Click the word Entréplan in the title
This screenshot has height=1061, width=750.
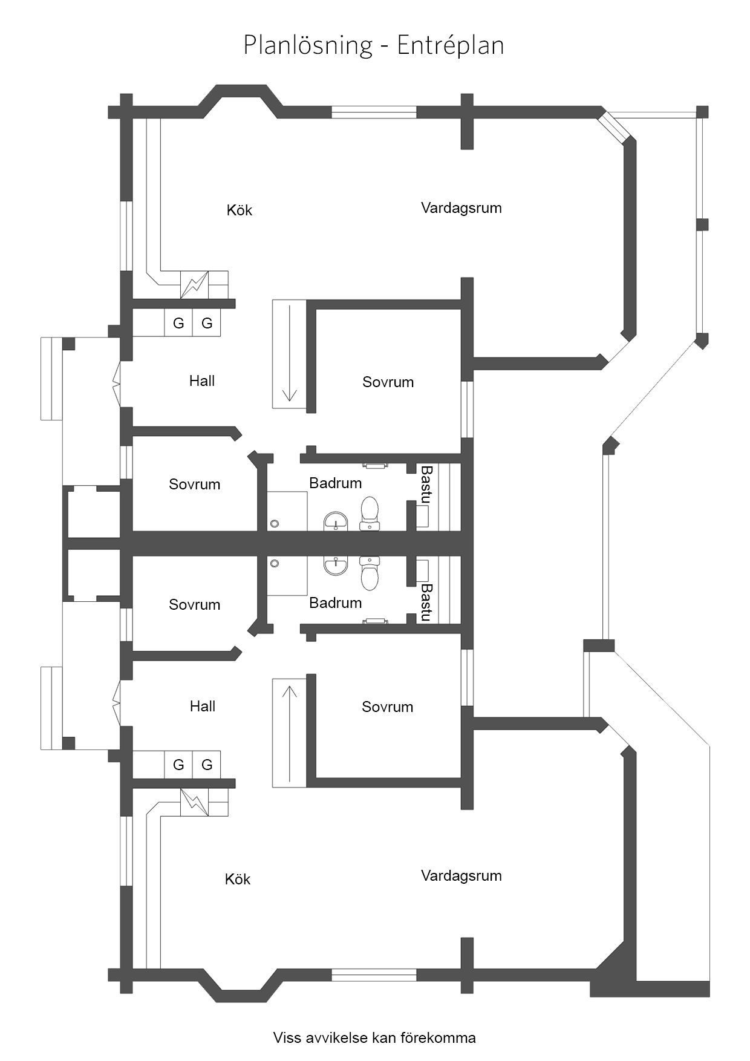(x=451, y=45)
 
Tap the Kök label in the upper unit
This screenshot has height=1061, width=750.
(x=240, y=210)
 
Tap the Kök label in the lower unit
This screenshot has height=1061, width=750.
(x=238, y=879)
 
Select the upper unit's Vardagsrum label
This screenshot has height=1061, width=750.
(x=461, y=208)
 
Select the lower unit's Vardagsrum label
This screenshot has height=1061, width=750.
(x=461, y=876)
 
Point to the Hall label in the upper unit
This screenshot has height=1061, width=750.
(x=202, y=380)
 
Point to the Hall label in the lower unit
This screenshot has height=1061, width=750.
(x=203, y=706)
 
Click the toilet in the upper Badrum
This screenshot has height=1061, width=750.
(x=370, y=513)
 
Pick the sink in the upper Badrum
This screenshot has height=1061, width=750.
(x=336, y=521)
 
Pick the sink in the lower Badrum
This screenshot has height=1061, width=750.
(x=336, y=566)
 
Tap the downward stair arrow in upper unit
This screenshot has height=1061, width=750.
(x=290, y=353)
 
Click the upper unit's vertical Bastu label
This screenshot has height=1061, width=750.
(x=426, y=485)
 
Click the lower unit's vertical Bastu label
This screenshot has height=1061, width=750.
(x=426, y=602)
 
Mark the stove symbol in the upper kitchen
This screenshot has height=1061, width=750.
(x=195, y=284)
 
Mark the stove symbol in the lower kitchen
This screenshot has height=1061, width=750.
(x=195, y=802)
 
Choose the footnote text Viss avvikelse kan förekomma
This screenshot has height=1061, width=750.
(x=374, y=1038)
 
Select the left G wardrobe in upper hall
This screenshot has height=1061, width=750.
(x=178, y=323)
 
